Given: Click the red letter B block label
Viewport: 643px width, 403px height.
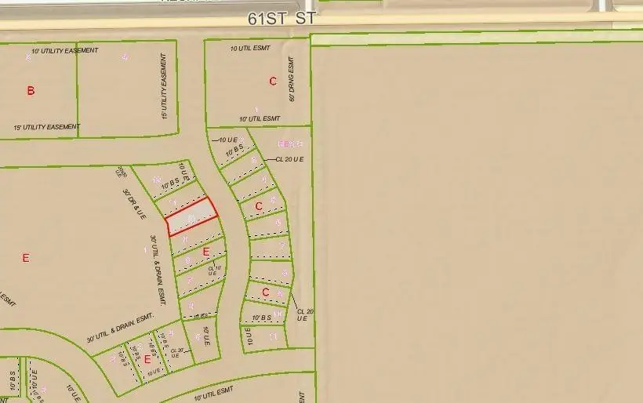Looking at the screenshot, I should (x=31, y=91).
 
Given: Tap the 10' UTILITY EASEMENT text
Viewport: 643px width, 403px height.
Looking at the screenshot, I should (x=65, y=51).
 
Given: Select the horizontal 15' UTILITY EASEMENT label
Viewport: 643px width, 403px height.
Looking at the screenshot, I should (x=47, y=127).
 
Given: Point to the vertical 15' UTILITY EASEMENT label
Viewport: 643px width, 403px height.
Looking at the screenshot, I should (x=164, y=86).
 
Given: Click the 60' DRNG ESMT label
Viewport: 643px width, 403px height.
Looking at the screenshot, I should (x=291, y=78).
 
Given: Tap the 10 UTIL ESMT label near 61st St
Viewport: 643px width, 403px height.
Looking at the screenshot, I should (x=250, y=49).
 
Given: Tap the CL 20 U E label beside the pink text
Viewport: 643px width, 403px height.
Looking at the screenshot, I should (x=289, y=158).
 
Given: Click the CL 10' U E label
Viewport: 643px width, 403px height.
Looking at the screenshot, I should (x=215, y=271).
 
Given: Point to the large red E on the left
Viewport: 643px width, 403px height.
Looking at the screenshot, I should (x=25, y=257).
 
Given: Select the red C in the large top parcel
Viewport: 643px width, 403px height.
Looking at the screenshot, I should (x=273, y=81).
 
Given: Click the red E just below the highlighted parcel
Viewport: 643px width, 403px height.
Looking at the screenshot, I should (x=206, y=252).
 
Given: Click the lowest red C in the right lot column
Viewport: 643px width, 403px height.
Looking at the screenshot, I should (x=265, y=292).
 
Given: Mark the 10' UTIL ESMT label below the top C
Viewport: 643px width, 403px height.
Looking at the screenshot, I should (x=260, y=118).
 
